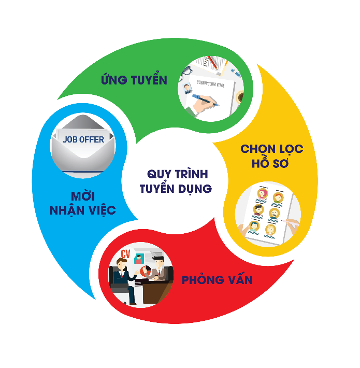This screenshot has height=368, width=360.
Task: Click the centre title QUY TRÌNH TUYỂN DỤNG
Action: [176, 181]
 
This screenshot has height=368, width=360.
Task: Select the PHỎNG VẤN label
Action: [217, 279]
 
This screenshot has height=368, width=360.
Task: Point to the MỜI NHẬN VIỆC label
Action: [83, 204]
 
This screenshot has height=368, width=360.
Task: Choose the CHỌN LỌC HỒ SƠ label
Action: [272, 156]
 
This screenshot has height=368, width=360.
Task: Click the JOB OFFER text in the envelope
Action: [83, 139]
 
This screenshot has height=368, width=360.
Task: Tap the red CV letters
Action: [125, 254]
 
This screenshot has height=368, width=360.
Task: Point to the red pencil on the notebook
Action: [213, 62]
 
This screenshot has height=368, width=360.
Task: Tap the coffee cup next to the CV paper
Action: [240, 97]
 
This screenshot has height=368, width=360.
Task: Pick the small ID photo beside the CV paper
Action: [187, 89]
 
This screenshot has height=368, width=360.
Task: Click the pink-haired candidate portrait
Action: [263, 194]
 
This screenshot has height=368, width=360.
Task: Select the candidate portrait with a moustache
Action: [274, 214]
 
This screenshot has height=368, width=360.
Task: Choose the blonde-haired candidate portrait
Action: [270, 230]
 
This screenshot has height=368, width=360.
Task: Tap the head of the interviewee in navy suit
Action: [122, 264]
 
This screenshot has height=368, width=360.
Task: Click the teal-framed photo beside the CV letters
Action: [139, 259]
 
